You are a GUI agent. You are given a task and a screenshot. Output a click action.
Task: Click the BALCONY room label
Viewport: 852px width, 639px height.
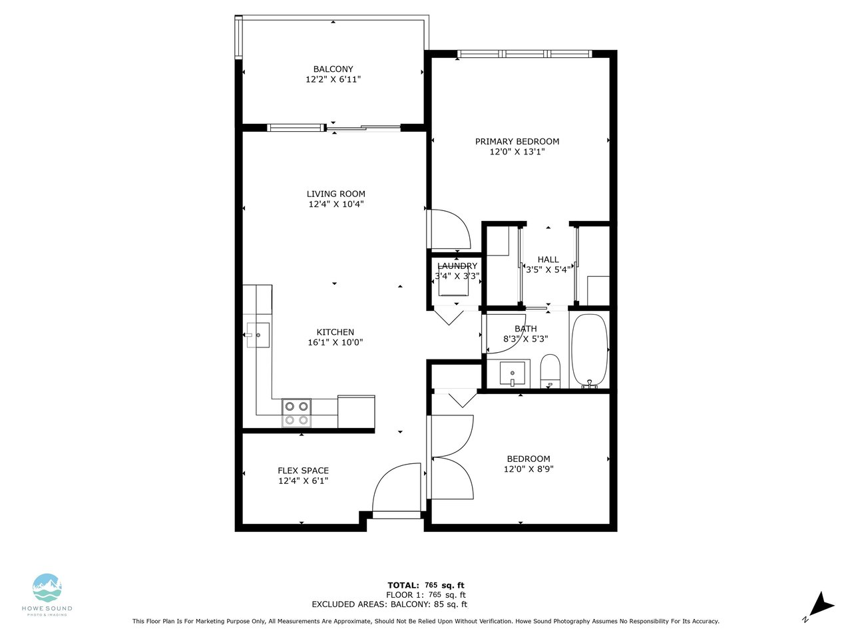pyautogui.click(x=333, y=69)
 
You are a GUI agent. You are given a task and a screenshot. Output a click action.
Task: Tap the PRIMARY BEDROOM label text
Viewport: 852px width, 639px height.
pyautogui.click(x=517, y=142)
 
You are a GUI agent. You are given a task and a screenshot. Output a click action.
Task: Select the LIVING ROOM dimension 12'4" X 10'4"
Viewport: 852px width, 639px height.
pyautogui.click(x=335, y=204)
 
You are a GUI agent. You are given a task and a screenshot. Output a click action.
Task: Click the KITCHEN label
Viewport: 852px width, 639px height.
pyautogui.click(x=335, y=332)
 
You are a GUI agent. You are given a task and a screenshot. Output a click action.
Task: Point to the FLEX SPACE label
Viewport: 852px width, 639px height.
pyautogui.click(x=303, y=471)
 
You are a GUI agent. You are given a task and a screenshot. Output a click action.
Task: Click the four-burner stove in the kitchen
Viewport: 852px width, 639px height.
pyautogui.click(x=297, y=413)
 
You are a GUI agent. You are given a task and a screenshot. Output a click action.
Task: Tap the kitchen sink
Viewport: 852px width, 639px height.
pyautogui.click(x=258, y=335)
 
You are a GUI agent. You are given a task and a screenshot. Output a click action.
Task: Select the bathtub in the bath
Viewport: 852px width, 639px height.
pyautogui.click(x=590, y=351)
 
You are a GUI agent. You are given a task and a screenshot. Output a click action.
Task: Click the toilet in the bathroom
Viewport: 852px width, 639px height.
pyautogui.click(x=550, y=371)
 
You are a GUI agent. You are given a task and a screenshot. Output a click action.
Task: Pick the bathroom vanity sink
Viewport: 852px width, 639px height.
pyautogui.click(x=513, y=373)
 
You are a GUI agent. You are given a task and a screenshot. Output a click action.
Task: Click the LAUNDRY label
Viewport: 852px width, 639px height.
pyautogui.click(x=457, y=266)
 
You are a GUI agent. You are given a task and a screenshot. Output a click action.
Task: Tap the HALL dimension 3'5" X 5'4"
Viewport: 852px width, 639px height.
pyautogui.click(x=548, y=270)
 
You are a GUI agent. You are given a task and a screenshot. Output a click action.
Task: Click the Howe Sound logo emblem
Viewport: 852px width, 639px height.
pyautogui.click(x=47, y=587)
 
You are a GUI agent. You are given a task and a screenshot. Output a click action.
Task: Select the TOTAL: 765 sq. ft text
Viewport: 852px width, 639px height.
pyautogui.click(x=426, y=585)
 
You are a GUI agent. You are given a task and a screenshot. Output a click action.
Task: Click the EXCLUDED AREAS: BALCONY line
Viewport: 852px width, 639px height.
pyautogui.click(x=389, y=604)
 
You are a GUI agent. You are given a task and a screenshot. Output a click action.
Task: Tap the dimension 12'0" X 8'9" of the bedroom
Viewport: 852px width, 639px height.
pyautogui.click(x=529, y=469)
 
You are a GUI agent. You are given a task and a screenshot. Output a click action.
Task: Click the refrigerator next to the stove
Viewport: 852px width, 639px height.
pyautogui.click(x=356, y=411)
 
